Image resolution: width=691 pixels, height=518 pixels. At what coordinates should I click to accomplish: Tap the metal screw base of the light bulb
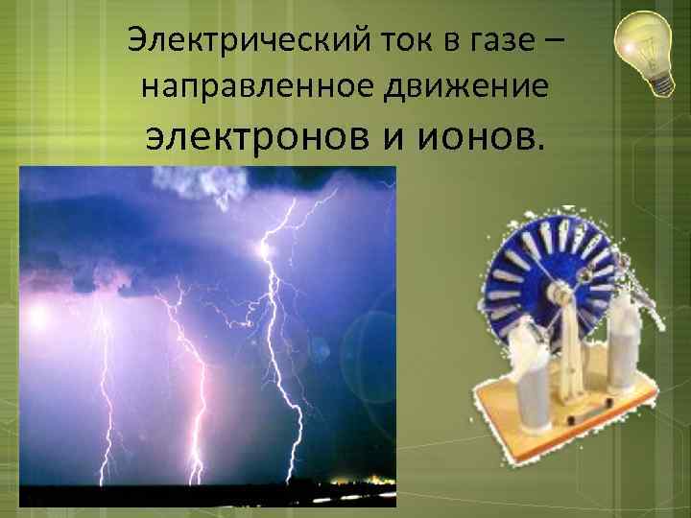coord(661,81)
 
